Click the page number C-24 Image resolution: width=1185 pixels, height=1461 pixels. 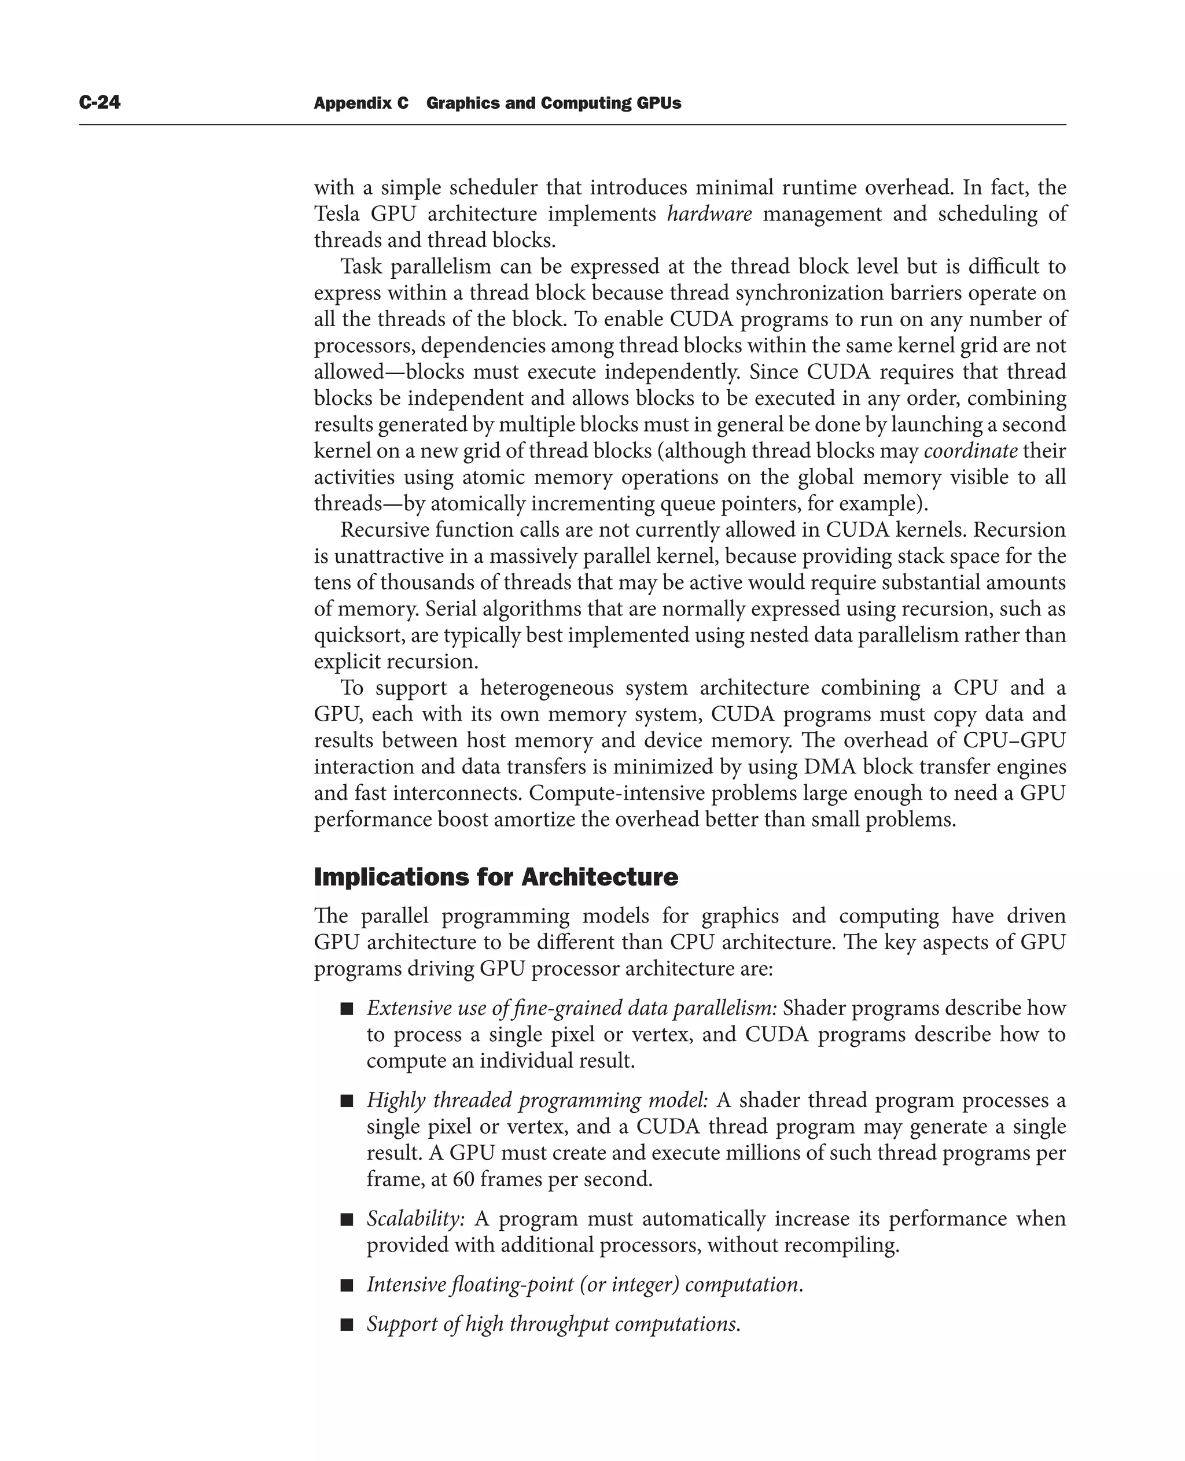coord(100,102)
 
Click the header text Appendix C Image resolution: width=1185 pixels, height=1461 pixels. coord(361,103)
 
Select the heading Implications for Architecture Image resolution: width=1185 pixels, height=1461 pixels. coord(495,877)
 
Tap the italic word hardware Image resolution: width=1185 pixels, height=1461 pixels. coord(709,214)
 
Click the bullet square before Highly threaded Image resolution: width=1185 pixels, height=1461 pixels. coord(347,1101)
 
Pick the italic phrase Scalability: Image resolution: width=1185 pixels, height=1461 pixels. coord(415,1219)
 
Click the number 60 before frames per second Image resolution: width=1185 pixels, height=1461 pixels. coord(463,1179)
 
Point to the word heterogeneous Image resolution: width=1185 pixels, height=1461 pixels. coord(546,688)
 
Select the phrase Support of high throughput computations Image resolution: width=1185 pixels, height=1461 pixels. coord(553,1325)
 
